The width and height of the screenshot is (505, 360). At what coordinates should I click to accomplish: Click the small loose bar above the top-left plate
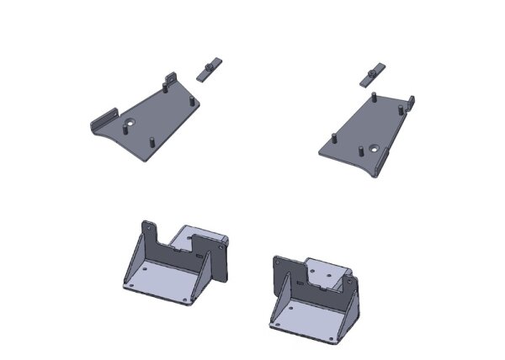pyautogui.click(x=208, y=67)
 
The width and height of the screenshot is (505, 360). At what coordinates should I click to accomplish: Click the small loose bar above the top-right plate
pyautogui.click(x=371, y=73)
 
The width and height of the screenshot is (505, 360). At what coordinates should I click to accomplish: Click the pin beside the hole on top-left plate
pyautogui.click(x=149, y=135)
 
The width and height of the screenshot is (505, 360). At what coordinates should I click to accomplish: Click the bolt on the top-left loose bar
pyautogui.click(x=210, y=64)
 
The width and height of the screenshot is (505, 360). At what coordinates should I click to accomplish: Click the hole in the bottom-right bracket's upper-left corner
pyautogui.click(x=278, y=263)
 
